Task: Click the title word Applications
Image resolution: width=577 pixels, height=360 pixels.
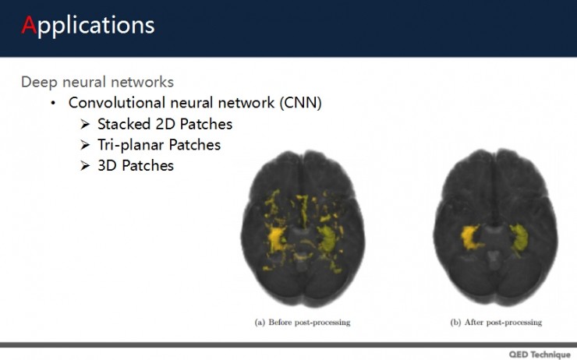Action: click(87, 25)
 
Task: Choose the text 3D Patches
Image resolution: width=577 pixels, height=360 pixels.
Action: click(136, 165)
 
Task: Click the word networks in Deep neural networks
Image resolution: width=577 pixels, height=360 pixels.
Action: click(147, 82)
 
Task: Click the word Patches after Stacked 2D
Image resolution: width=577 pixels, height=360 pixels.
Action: click(206, 124)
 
